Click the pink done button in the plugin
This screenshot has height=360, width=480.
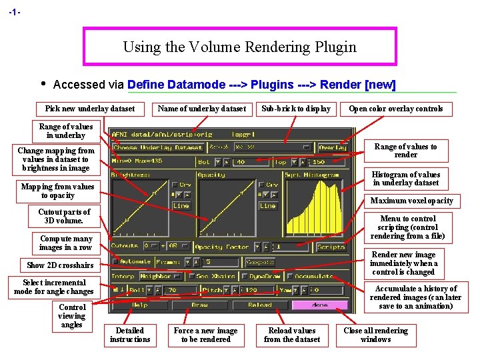tap(319, 305)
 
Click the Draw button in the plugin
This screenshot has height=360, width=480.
tap(199, 305)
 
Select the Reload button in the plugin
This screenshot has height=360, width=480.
tap(259, 305)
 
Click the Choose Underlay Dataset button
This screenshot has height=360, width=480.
tap(157, 147)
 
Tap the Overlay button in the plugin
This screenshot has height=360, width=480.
tap(332, 147)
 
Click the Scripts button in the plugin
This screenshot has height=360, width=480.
tap(331, 246)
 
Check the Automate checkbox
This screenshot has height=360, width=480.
tap(115, 261)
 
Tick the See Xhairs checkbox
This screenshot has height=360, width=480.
tap(192, 276)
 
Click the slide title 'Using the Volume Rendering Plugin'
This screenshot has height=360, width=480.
tap(239, 47)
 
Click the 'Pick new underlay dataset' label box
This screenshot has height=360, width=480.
tap(90, 109)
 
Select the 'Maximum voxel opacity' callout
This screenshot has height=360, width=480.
tap(411, 201)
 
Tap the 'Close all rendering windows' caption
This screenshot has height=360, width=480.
tap(375, 335)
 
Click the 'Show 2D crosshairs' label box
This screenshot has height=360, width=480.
tap(60, 265)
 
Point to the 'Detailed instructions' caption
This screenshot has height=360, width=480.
tap(130, 335)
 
